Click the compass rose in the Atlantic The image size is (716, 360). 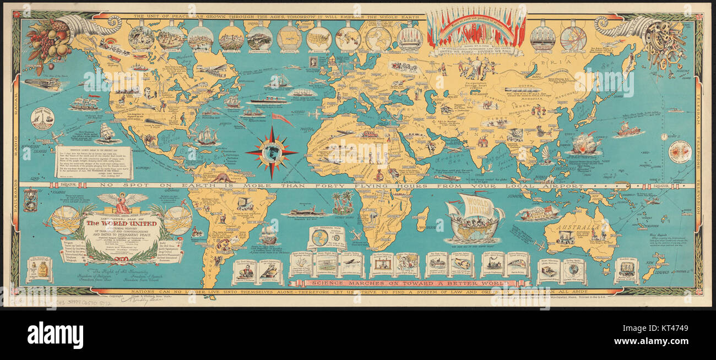pos(271,152)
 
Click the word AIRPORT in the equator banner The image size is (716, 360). pos(565,186)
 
